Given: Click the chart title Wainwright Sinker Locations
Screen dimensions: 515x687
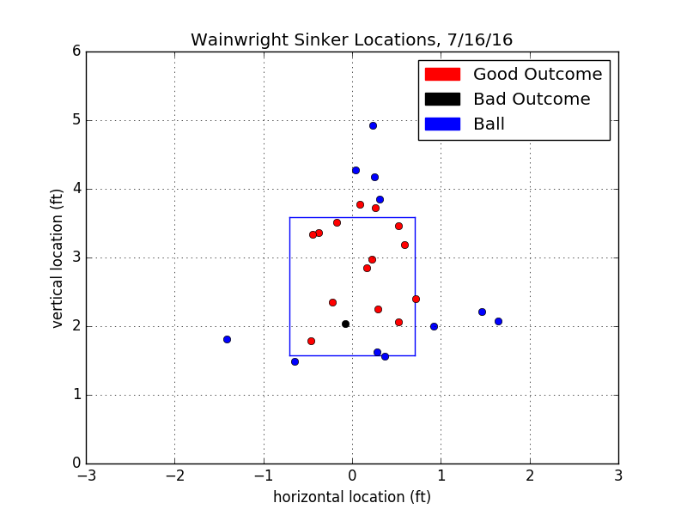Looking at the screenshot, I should click(351, 40).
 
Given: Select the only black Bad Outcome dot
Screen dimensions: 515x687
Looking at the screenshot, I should click(345, 324).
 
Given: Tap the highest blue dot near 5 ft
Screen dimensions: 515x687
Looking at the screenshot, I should click(373, 125).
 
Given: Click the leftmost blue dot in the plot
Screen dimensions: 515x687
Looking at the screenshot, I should click(227, 339).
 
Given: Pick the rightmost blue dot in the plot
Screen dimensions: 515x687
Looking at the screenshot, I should click(498, 321).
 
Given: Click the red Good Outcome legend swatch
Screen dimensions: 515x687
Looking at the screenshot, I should click(442, 75).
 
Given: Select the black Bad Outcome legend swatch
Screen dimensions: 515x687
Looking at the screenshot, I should click(442, 100).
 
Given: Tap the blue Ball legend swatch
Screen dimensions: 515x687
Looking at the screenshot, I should click(442, 124).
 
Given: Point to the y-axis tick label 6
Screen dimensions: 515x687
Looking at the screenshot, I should click(76, 51).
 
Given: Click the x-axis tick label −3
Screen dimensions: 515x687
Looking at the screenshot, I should click(86, 476).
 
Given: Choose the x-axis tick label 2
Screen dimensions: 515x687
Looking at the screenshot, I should click(529, 476).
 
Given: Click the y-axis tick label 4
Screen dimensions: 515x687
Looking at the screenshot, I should click(76, 189).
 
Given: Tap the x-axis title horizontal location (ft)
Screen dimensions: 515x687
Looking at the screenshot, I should click(352, 497).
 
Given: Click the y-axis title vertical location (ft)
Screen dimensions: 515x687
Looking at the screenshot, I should click(58, 257).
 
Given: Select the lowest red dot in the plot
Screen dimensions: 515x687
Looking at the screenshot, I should click(311, 341).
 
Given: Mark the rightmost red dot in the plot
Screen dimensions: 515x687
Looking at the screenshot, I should click(416, 299).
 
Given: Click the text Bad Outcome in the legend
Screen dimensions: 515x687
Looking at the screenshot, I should click(532, 100).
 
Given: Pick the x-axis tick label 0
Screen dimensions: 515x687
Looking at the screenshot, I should click(352, 476).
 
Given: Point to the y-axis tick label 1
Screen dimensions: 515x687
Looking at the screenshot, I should click(76, 395).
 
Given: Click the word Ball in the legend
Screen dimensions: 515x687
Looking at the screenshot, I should click(489, 124).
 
